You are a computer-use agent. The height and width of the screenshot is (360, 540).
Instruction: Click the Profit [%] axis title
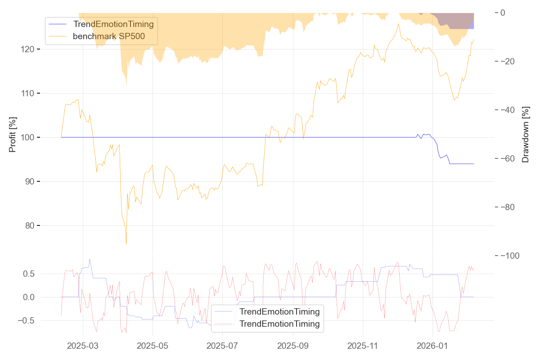pyautogui.click(x=13, y=135)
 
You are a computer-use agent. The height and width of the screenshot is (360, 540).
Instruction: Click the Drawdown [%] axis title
pyautogui.click(x=525, y=135)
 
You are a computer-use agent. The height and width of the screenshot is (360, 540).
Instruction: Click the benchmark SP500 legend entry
pyautogui.click(x=109, y=36)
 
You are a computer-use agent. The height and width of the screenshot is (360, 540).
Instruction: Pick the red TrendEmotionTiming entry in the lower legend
pyautogui.click(x=279, y=324)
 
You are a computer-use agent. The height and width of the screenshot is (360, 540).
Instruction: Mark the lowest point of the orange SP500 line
pyautogui.click(x=126, y=244)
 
